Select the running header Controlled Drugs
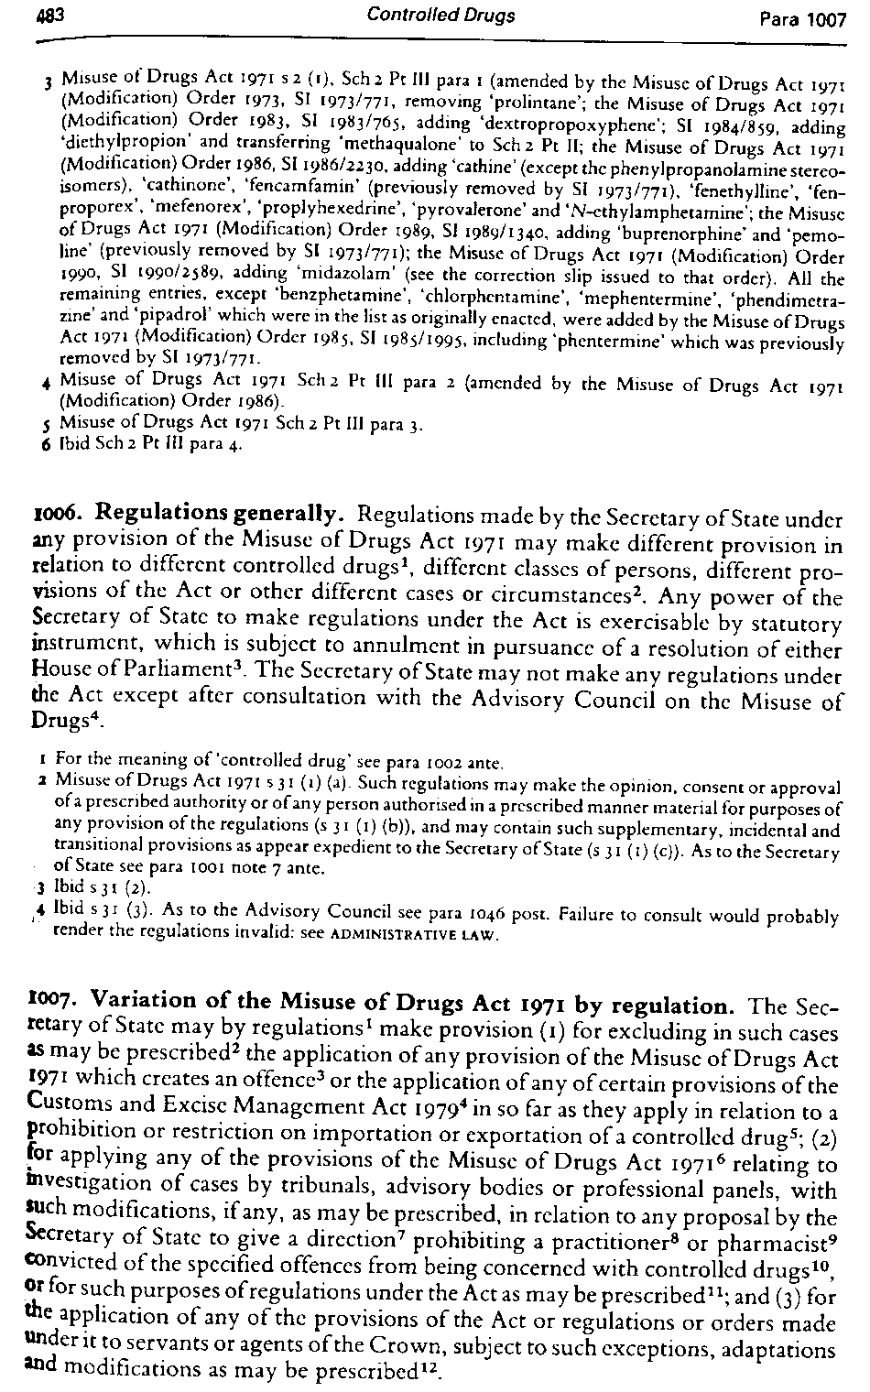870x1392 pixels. click(x=440, y=15)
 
